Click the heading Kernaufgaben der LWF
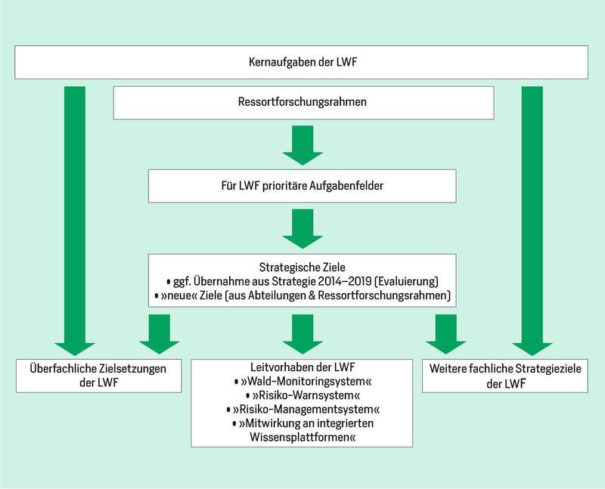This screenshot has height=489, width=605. [302, 62]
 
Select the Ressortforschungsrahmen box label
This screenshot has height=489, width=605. [302, 102]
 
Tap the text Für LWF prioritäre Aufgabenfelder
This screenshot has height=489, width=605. [302, 186]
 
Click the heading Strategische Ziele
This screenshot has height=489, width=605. [302, 268]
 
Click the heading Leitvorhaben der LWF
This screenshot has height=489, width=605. [302, 367]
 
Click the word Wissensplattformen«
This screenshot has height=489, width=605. [302, 438]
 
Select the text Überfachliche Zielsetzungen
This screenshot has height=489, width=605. [98, 369]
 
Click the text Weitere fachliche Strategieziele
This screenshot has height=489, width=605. [505, 369]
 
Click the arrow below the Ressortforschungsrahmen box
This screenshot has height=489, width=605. [302, 145]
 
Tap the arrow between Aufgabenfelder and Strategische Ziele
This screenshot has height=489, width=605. [302, 229]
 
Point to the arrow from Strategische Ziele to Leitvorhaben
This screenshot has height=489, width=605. [302, 334]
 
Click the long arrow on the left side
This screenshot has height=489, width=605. [74, 221]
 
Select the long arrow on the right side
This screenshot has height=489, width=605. [532, 221]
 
